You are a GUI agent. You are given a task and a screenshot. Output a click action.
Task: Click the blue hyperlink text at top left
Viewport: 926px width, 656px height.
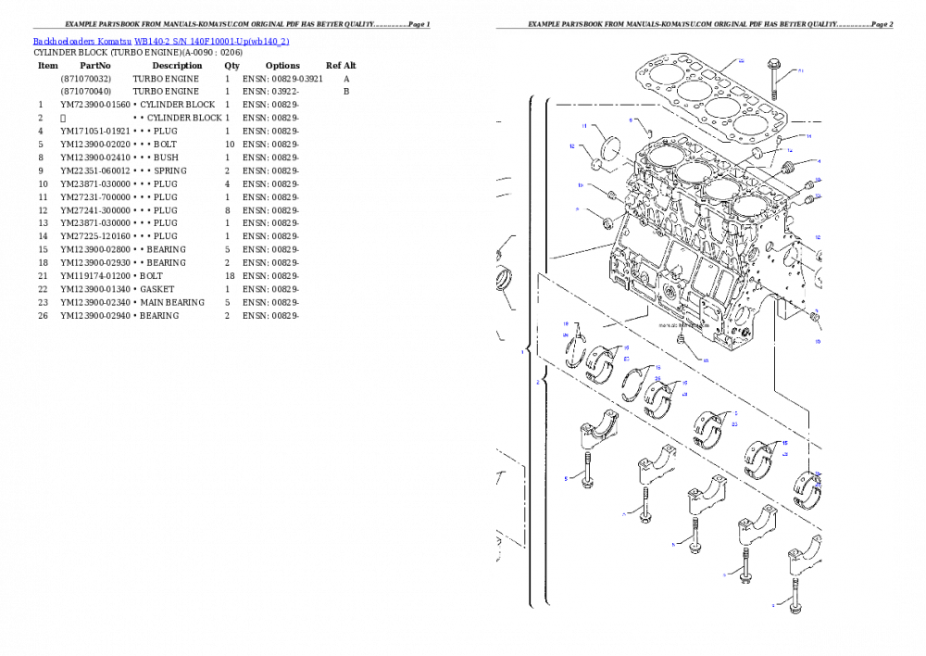pyautogui.click(x=161, y=42)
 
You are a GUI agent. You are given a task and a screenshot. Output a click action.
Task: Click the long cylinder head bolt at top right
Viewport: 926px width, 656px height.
pyautogui.click(x=774, y=79)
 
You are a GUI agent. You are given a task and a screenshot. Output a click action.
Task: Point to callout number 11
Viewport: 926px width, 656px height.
pyautogui.click(x=584, y=126)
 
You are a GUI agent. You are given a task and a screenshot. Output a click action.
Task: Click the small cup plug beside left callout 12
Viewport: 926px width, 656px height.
pyautogui.click(x=597, y=166)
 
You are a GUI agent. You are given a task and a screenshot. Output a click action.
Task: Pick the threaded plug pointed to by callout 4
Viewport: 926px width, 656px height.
pyautogui.click(x=788, y=168)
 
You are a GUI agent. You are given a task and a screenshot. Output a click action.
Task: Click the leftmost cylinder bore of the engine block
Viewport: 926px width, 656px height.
pyautogui.click(x=659, y=155)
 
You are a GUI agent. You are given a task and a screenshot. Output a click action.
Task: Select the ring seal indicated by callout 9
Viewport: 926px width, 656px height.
pyautogui.click(x=607, y=222)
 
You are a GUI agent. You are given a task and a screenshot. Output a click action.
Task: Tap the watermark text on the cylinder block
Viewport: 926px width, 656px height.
pyautogui.click(x=682, y=326)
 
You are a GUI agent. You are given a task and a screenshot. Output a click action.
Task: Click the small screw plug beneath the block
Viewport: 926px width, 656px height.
pyautogui.click(x=681, y=343)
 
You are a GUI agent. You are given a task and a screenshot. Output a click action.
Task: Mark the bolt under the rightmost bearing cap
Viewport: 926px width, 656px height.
pyautogui.click(x=795, y=593)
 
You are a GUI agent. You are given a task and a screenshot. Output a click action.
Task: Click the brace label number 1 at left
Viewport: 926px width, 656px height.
pyautogui.click(x=522, y=352)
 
